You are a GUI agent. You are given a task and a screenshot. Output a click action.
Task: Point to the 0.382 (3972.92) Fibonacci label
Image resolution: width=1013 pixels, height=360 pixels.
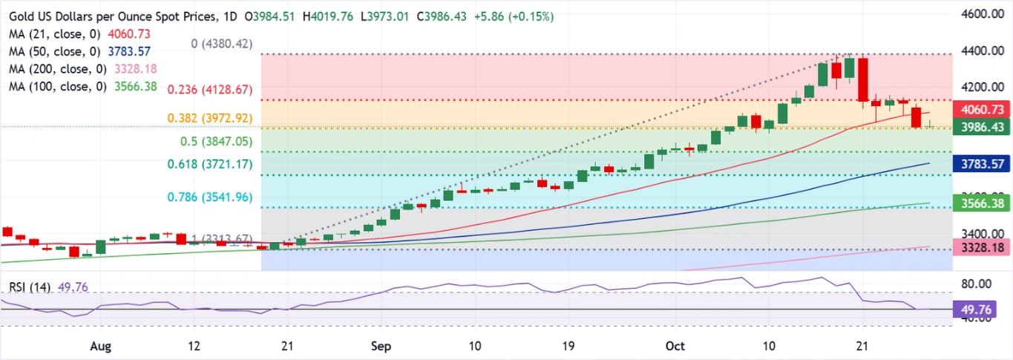(x=210, y=118)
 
